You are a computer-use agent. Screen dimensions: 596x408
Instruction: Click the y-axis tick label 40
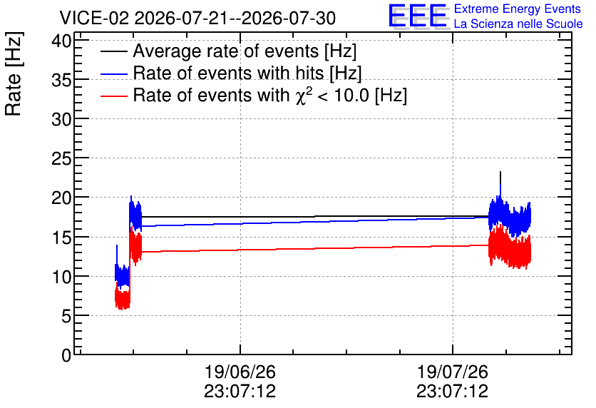61,41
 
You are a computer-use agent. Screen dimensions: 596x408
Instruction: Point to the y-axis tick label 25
61,158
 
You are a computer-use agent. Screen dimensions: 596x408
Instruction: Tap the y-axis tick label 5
66,316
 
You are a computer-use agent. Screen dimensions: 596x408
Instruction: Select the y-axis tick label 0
66,355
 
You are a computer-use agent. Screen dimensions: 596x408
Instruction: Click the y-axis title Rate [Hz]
14,73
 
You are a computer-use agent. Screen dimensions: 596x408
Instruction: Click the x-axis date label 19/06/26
240,372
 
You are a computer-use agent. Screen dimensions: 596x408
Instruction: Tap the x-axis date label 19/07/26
452,372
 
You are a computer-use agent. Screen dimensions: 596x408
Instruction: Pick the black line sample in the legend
113,51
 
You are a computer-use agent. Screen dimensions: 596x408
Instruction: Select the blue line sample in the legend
113,73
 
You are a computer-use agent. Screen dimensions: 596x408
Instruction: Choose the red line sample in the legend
113,96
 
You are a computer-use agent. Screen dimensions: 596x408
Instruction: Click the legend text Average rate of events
226,51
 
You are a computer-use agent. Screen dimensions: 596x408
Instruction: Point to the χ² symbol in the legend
304,95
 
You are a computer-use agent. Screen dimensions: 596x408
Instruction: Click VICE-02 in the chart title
95,18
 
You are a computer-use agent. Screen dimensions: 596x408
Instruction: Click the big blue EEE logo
418,16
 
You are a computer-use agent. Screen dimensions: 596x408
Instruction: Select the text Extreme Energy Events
518,9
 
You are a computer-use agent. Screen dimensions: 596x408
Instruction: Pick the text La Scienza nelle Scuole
518,24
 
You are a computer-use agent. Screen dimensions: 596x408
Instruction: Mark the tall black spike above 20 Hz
500,184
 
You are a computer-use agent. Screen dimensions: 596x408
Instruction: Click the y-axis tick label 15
61,238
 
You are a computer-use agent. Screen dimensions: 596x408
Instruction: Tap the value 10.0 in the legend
351,96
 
